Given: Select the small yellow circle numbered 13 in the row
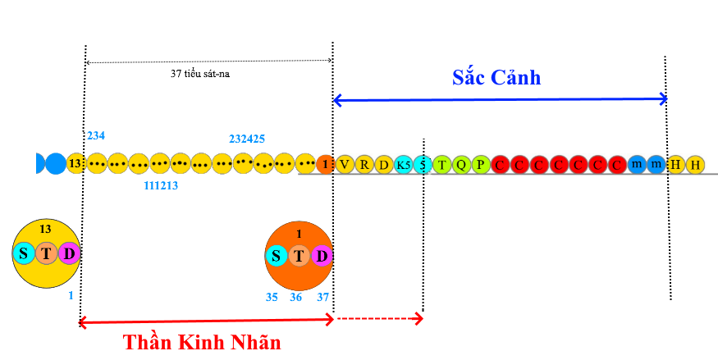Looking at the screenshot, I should (75, 163).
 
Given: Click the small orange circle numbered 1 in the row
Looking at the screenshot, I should (325, 164).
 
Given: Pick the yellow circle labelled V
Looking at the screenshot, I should (345, 164).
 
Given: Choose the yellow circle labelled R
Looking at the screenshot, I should (364, 164).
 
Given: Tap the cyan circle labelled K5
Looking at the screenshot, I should (403, 164).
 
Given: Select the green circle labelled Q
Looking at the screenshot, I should (461, 164).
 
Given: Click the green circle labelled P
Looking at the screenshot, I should (481, 164).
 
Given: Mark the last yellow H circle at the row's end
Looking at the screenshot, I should (695, 164).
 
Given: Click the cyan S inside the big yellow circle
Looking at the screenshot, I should (24, 253).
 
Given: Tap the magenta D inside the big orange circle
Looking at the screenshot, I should (322, 257).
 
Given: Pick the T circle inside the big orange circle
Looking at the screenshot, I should (299, 257).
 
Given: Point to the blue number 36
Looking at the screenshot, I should (296, 297).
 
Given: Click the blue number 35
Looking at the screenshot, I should (272, 297).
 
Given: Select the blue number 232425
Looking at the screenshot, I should (246, 139).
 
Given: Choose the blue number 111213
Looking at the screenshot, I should (161, 186).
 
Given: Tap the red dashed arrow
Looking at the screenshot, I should (377, 317).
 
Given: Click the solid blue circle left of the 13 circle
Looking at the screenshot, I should (55, 163).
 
